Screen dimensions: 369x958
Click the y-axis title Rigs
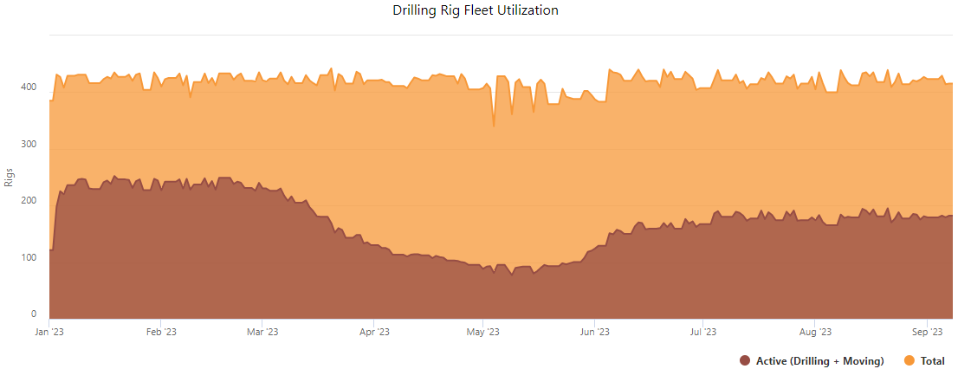pyautogui.click(x=10, y=177)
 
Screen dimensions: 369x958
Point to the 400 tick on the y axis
pyautogui.click(x=29, y=87)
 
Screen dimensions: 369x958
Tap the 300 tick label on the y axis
pyautogui.click(x=29, y=144)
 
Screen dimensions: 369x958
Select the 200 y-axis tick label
pyautogui.click(x=29, y=201)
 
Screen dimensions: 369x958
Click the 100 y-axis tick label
pyautogui.click(x=29, y=258)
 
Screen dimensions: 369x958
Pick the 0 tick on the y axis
pyautogui.click(x=34, y=314)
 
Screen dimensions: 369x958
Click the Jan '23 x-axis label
pyautogui.click(x=49, y=332)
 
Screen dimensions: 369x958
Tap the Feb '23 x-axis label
pyautogui.click(x=161, y=332)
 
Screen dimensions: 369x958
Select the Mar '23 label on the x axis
pyautogui.click(x=262, y=332)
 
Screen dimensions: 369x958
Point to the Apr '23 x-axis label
pyautogui.click(x=373, y=332)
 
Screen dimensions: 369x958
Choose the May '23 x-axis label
pyautogui.click(x=482, y=332)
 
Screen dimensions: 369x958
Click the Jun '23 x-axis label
pyautogui.click(x=594, y=332)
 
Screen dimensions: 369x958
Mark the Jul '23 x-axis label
pyautogui.click(x=702, y=332)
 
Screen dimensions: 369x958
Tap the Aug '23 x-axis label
pyautogui.click(x=815, y=332)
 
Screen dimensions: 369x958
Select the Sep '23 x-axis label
pyautogui.click(x=927, y=332)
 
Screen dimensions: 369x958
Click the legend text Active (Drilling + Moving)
pyautogui.click(x=819, y=360)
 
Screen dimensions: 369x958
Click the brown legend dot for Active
pyautogui.click(x=745, y=360)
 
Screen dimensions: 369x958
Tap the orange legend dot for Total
pyautogui.click(x=909, y=360)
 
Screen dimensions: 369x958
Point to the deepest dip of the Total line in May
pyautogui.click(x=494, y=126)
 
